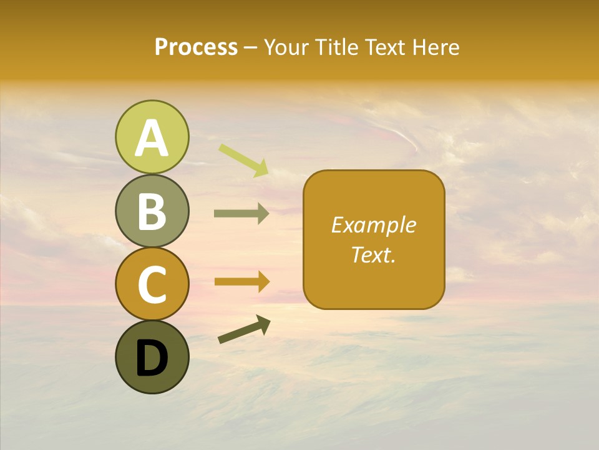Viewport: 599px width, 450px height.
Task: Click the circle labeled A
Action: pos(152,137)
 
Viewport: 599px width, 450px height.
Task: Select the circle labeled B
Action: pos(152,211)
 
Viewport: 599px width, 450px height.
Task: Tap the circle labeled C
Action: pos(152,284)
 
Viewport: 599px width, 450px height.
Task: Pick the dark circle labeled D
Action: pos(152,357)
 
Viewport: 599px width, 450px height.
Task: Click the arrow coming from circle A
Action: pos(244,160)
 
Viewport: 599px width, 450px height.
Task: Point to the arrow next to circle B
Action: pos(241,214)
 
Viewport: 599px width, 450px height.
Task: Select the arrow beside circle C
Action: pos(241,281)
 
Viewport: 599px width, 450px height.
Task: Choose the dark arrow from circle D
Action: pos(244,329)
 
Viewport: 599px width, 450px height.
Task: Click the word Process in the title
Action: pos(196,47)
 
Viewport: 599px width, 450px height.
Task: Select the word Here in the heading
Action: pos(435,47)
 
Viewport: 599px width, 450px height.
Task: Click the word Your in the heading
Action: pos(286,47)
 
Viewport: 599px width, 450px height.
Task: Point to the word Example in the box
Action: pos(374,225)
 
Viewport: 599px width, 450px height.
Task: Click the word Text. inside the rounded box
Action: pos(374,254)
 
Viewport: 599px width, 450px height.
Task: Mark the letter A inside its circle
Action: pos(152,138)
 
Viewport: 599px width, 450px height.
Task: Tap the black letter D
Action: pos(152,358)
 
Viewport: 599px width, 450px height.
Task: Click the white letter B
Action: pos(152,211)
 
